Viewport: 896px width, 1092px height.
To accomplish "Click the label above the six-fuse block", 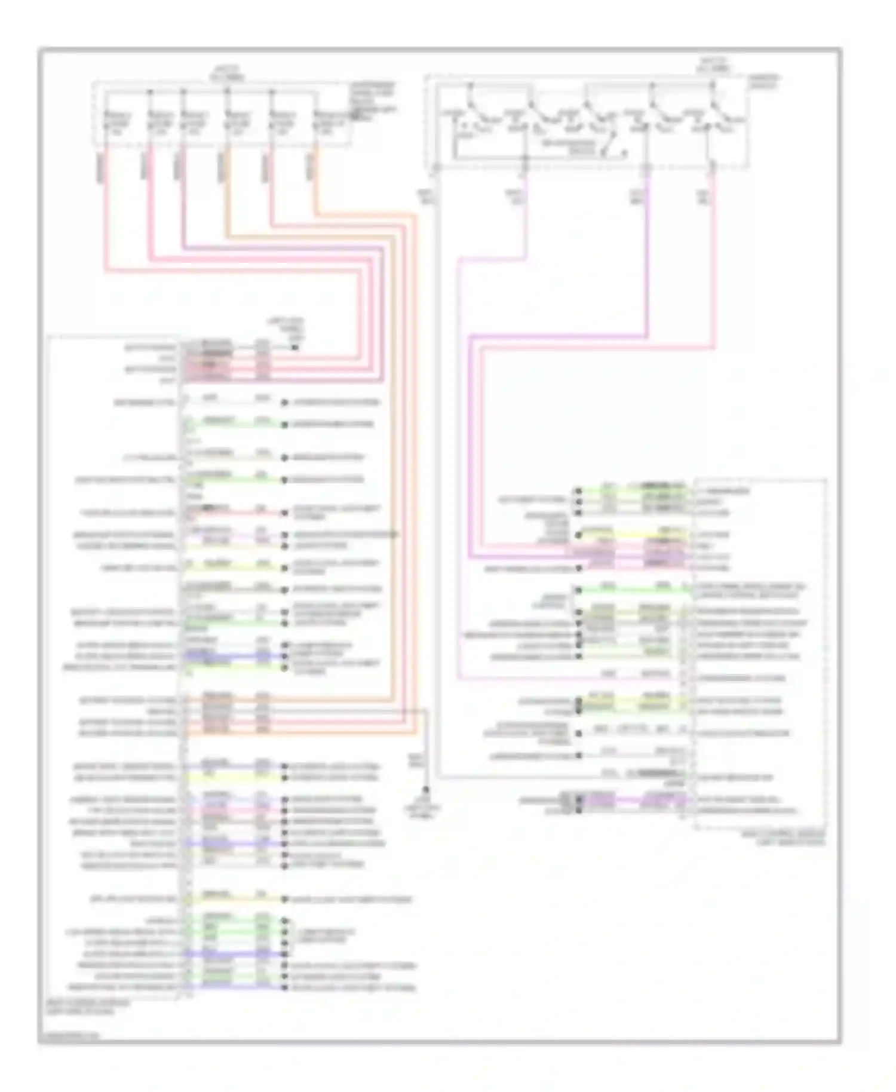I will pyautogui.click(x=227, y=73).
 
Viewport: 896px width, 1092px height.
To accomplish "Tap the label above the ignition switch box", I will pyautogui.click(x=713, y=65).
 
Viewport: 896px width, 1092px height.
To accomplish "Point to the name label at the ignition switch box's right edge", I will pyautogui.click(x=764, y=81).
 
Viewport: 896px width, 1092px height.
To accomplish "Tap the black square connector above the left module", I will pyautogui.click(x=294, y=346).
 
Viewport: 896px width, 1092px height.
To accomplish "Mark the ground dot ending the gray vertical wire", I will pyautogui.click(x=426, y=789).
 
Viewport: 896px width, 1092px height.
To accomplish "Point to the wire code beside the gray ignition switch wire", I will pyautogui.click(x=426, y=197).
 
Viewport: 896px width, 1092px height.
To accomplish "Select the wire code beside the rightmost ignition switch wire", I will pyautogui.click(x=704, y=197).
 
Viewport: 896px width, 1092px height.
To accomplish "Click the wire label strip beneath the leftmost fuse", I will pyautogui.click(x=102, y=168).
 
